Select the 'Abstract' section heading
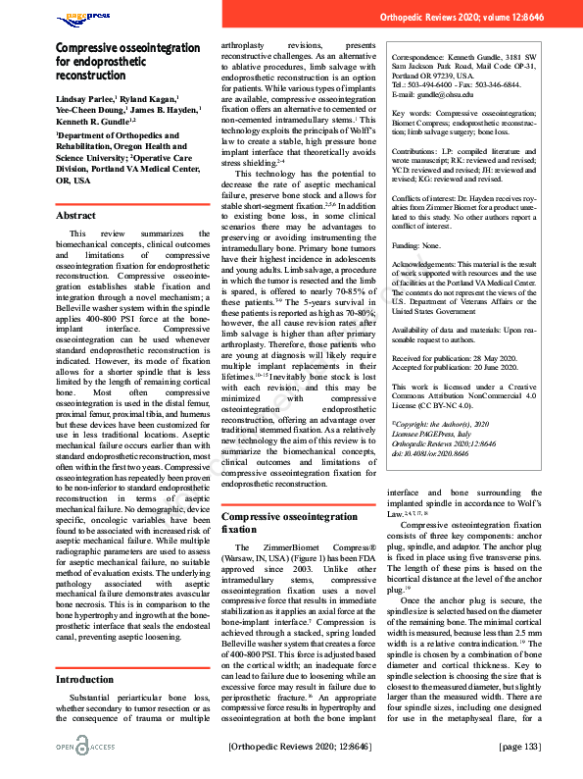coord(76,215)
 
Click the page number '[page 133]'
coord(519,747)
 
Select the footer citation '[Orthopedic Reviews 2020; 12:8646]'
coord(299,747)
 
